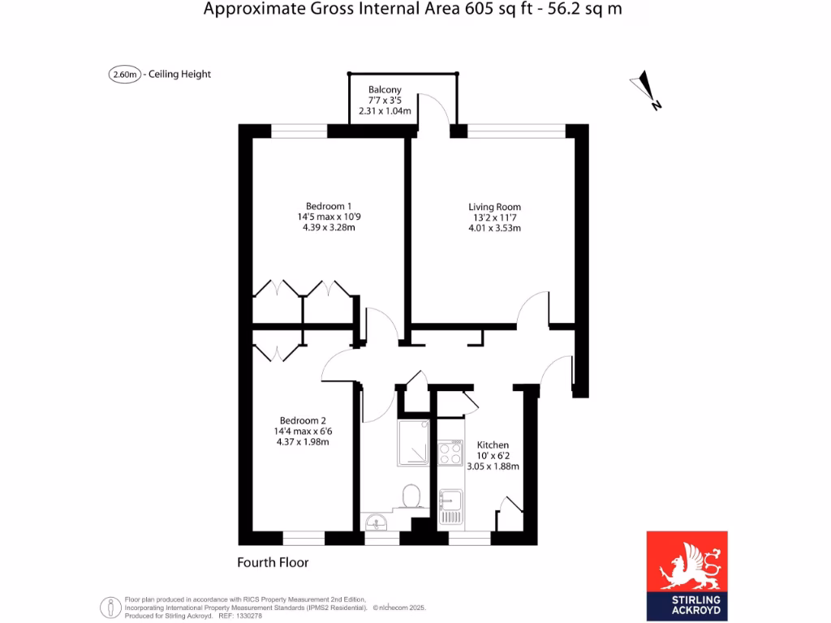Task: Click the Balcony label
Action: (x=385, y=89)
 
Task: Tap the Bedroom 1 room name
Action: (x=329, y=206)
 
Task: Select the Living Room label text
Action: (x=494, y=207)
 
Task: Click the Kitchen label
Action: (x=493, y=445)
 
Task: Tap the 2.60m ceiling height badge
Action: (x=125, y=75)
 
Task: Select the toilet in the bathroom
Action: (x=411, y=494)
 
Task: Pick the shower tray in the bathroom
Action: (x=415, y=443)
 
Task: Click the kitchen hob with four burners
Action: (x=450, y=453)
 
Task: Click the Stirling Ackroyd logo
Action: (x=687, y=576)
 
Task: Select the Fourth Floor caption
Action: (x=273, y=562)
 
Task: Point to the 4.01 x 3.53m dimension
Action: (x=494, y=228)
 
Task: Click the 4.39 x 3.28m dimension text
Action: (x=329, y=227)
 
